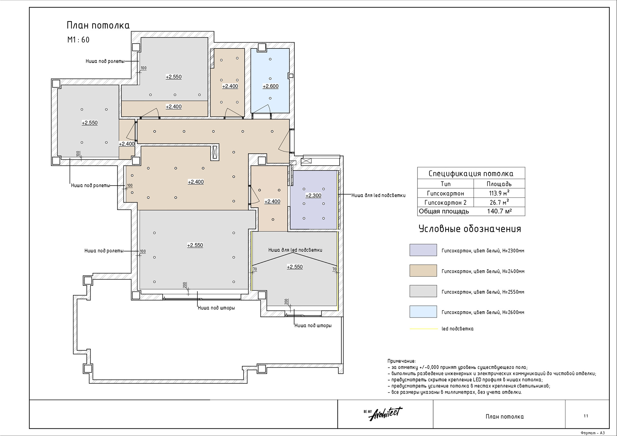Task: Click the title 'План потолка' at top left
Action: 98,25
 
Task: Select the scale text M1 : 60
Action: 78,40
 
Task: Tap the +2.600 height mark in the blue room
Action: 271,86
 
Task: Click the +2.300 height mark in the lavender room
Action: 313,195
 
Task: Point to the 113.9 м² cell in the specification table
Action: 499,193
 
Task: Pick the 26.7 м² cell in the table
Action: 499,202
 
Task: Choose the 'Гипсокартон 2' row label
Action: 445,203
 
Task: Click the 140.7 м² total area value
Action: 499,211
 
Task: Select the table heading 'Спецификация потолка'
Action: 471,174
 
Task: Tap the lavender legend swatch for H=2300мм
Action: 423,250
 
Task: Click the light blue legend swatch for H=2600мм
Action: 423,312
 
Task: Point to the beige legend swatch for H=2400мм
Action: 423,271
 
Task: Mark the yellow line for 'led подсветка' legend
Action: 424,329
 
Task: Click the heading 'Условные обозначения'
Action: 470,229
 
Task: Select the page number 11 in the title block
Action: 586,416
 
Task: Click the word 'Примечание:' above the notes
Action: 401,361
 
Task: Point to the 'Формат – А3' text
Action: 593,433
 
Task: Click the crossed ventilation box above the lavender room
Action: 306,161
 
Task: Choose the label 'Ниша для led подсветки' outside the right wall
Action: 378,195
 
